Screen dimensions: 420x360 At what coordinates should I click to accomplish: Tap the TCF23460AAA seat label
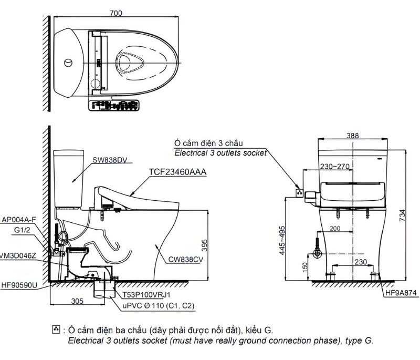tap(178, 172)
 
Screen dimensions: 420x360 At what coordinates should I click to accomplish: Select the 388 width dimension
tap(353, 136)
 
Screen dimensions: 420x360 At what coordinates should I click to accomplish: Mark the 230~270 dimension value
tap(333, 167)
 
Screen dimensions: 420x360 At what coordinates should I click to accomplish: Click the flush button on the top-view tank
tap(68, 63)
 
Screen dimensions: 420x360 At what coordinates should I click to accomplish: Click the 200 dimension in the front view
tap(336, 229)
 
